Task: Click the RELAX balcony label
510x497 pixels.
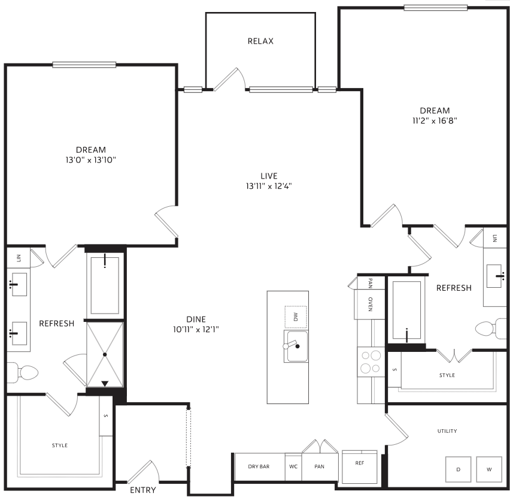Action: (260, 41)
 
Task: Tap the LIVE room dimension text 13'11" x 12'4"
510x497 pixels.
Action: (269, 186)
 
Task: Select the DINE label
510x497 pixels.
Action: (196, 319)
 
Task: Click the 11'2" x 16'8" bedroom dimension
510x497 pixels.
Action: (435, 121)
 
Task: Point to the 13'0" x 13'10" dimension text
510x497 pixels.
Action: (91, 160)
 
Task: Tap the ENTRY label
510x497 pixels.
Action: (143, 490)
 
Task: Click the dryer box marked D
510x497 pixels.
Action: (459, 469)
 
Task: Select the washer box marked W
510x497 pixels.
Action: (489, 469)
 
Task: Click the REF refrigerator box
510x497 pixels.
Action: (360, 466)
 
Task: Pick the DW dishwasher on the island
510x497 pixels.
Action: (296, 317)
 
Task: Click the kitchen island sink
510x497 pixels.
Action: (296, 346)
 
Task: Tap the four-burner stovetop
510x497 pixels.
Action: (371, 362)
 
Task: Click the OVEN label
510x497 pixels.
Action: (370, 304)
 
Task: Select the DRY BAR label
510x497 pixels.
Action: (259, 466)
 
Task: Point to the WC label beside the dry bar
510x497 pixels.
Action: (293, 466)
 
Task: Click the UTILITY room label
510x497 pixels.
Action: (447, 431)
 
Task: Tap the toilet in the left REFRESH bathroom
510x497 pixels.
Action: (23, 372)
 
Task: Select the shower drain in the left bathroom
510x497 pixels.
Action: (105, 354)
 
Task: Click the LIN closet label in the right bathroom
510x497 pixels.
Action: (494, 238)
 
